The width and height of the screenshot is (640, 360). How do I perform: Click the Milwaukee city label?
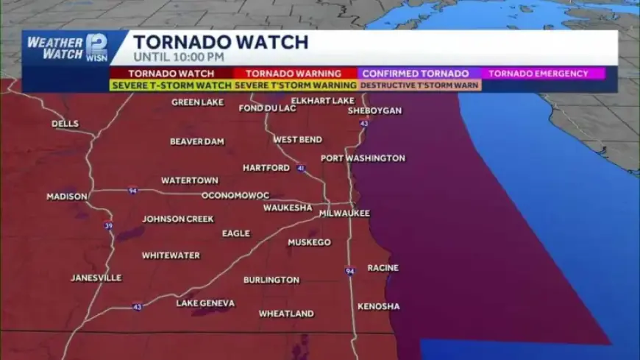coord(344,213)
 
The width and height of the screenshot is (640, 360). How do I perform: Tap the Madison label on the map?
coord(67,197)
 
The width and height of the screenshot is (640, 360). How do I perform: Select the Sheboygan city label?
coord(374,110)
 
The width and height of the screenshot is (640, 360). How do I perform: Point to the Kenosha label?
coord(378,306)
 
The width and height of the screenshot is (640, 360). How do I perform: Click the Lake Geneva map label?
coord(205,303)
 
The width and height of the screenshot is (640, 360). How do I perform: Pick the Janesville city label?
coord(96,278)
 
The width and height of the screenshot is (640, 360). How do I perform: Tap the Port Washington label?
coord(363,158)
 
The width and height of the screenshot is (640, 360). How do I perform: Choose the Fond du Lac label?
coord(267,108)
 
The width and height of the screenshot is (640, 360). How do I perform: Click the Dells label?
coord(65,124)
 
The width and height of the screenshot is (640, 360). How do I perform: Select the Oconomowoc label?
coord(235,196)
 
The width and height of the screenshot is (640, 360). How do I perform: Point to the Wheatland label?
coord(286,314)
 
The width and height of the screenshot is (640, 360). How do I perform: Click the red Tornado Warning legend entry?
coord(293,74)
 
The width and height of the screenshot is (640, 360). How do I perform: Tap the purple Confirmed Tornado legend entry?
coord(416,74)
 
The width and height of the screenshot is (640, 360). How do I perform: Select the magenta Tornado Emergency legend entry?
coord(538,74)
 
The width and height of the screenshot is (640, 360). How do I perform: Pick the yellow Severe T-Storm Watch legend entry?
coord(171,85)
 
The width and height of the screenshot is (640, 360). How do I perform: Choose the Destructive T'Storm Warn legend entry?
coord(420,85)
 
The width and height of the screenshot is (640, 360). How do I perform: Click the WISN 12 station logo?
coord(96,48)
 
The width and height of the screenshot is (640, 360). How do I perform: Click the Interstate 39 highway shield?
coord(108,226)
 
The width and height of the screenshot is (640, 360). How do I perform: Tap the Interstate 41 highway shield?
coord(300,169)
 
